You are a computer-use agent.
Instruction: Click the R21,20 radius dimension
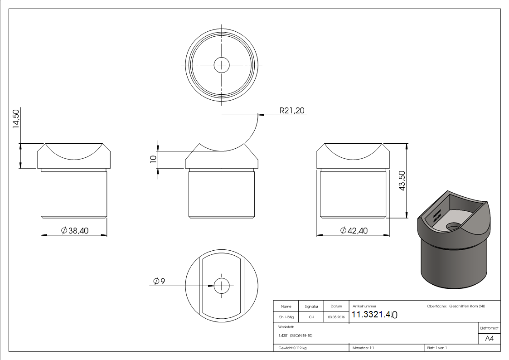[x=292, y=110]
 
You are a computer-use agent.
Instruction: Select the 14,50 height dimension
[x=15, y=119]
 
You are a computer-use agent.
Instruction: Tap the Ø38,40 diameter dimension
[x=75, y=231]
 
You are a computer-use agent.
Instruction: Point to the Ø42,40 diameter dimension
[x=354, y=231]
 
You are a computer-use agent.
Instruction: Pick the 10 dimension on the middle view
[x=153, y=159]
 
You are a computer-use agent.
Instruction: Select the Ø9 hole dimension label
[x=159, y=282]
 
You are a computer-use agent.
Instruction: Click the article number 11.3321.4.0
[x=374, y=315]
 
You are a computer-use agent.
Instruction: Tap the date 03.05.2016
[x=335, y=317]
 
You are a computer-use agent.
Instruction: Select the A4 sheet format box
[x=490, y=338]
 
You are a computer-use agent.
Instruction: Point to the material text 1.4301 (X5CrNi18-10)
[x=296, y=336]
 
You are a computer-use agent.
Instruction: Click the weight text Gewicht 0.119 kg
[x=292, y=348]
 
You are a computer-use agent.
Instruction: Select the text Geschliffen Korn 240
[x=467, y=306]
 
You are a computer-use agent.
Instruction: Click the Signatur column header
[x=311, y=306]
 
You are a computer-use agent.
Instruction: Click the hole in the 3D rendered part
[x=452, y=225]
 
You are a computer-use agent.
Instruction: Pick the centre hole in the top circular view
[x=222, y=65]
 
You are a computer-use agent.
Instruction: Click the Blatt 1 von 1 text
[x=437, y=348]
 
